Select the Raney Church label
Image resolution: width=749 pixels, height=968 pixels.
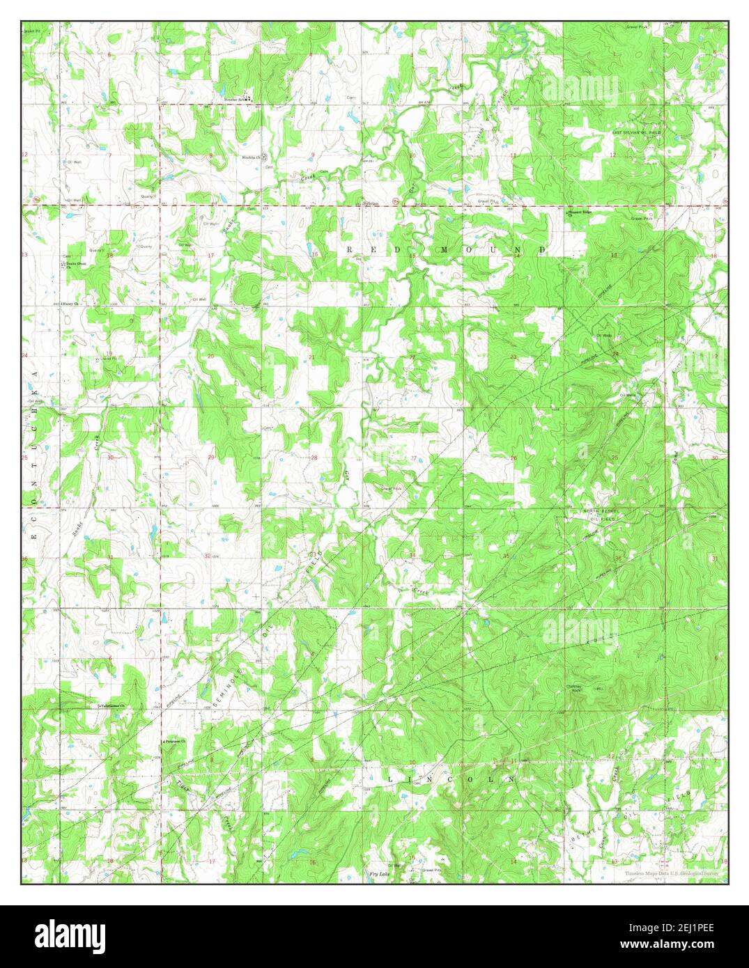click(x=71, y=304)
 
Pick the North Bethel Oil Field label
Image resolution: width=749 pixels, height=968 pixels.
click(x=601, y=515)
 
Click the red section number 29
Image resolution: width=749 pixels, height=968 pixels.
click(x=210, y=458)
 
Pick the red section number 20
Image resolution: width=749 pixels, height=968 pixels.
click(x=210, y=357)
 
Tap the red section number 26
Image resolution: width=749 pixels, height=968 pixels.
click(x=514, y=458)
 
